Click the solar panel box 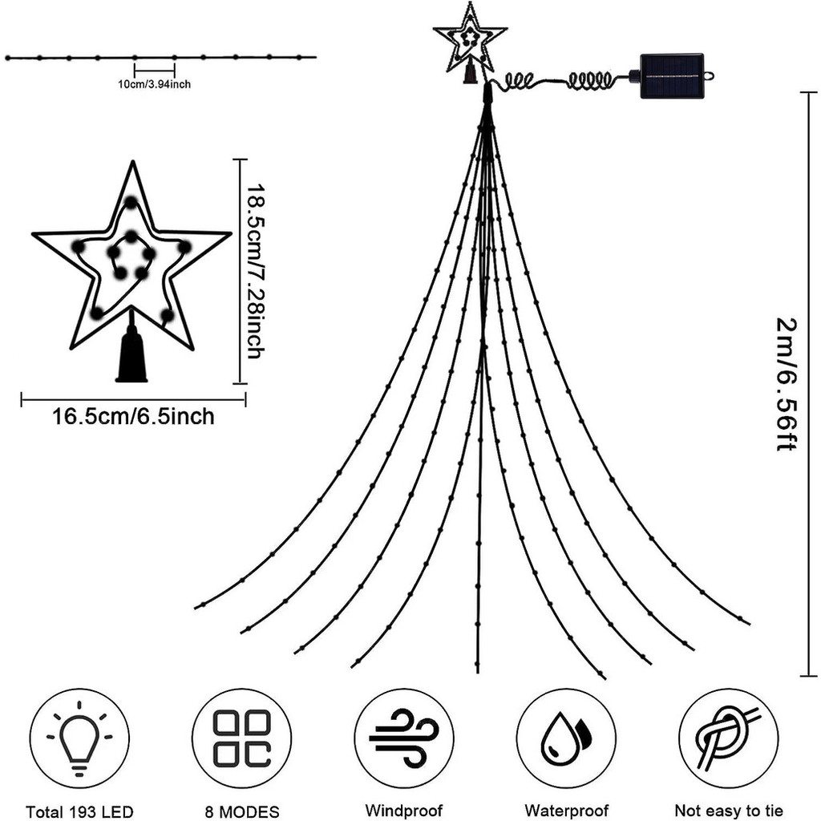coord(672,76)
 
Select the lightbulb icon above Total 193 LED coord(79,738)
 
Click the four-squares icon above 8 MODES coord(242,738)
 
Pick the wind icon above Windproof coord(403,738)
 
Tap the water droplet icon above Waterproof coord(566,738)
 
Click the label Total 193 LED coord(79,811)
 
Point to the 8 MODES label coord(242,811)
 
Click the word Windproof coord(403,811)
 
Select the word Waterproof coord(566,811)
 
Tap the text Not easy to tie coord(728,811)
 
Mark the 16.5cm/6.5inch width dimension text coord(133,417)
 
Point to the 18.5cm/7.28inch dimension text coord(255,271)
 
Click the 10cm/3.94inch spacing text coord(153,83)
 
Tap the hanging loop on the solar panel coord(710,76)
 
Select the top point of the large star coord(131,168)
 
